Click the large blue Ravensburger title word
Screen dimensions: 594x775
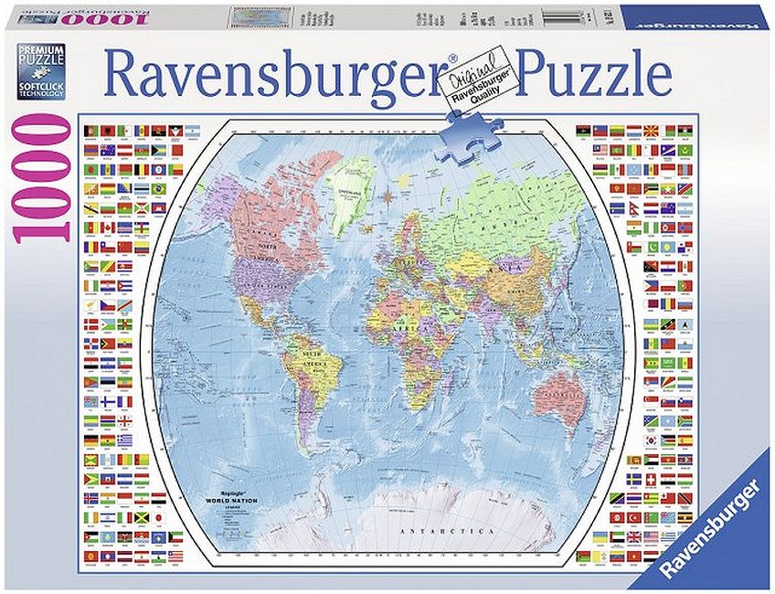275,70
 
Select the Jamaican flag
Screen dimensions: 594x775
141,515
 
